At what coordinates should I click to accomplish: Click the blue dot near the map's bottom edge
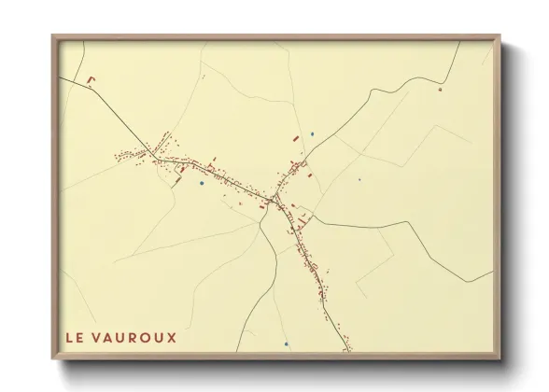287,344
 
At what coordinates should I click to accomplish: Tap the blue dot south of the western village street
201,183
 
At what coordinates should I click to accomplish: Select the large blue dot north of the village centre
313,132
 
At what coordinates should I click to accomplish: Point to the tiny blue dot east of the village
359,180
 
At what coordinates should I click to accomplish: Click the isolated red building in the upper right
439,90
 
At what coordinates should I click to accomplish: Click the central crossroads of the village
275,198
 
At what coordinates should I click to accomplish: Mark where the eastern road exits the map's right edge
492,273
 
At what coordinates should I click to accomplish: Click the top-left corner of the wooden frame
52,35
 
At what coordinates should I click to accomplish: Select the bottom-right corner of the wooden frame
501,359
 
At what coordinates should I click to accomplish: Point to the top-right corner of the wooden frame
501,35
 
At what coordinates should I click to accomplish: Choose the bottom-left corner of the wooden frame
52,359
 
